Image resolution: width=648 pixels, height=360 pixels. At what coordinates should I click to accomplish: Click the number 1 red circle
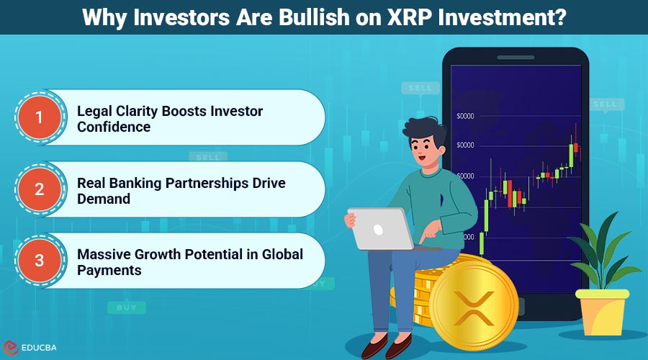40,117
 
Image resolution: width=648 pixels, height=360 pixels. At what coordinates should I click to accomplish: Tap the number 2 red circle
40,189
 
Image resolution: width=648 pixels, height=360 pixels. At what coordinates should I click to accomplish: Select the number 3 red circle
40,261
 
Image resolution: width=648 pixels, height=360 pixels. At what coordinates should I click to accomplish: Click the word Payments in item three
109,271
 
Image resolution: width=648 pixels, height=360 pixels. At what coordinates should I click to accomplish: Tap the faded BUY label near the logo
126,307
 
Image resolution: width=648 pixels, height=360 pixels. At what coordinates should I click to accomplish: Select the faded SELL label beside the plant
604,105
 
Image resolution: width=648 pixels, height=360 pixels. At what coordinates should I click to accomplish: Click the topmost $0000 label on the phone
465,116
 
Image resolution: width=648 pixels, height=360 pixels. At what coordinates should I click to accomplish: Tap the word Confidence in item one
114,127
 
